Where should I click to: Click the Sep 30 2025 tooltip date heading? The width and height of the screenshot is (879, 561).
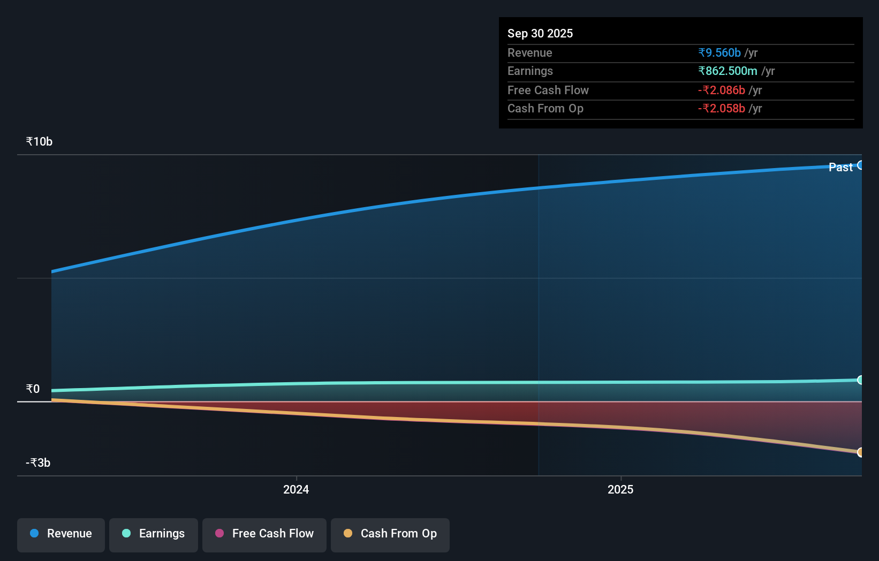coord(540,33)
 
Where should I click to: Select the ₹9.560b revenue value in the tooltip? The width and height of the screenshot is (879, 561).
coord(719,52)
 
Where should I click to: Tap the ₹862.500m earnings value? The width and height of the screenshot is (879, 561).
coord(727,71)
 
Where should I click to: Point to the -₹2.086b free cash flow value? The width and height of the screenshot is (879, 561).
coord(721,90)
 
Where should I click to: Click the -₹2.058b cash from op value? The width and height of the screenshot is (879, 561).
coord(721,108)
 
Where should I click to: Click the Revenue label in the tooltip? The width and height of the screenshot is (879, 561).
coord(529,52)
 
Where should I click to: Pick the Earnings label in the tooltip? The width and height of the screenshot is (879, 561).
coord(530,71)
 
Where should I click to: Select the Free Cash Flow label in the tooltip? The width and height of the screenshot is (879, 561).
coord(548,90)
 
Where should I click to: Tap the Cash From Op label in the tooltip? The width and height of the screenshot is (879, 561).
coord(545,108)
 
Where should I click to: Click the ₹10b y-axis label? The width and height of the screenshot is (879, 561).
coord(39,141)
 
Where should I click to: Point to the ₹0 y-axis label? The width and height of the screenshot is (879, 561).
coord(33,389)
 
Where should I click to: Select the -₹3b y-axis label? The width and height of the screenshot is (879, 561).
coord(38,463)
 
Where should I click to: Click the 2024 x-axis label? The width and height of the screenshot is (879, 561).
coord(296,489)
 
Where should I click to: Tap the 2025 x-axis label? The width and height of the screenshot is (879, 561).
coord(620,489)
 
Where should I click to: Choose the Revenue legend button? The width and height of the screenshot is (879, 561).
coord(61,534)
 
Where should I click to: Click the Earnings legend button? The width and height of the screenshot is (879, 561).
coord(154,534)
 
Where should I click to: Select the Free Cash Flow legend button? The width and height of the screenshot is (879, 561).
coord(264,534)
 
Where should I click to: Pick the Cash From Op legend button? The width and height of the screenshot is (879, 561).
coord(390,534)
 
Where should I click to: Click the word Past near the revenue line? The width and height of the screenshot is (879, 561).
coord(840,167)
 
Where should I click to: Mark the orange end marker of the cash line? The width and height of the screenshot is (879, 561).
coord(860,452)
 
